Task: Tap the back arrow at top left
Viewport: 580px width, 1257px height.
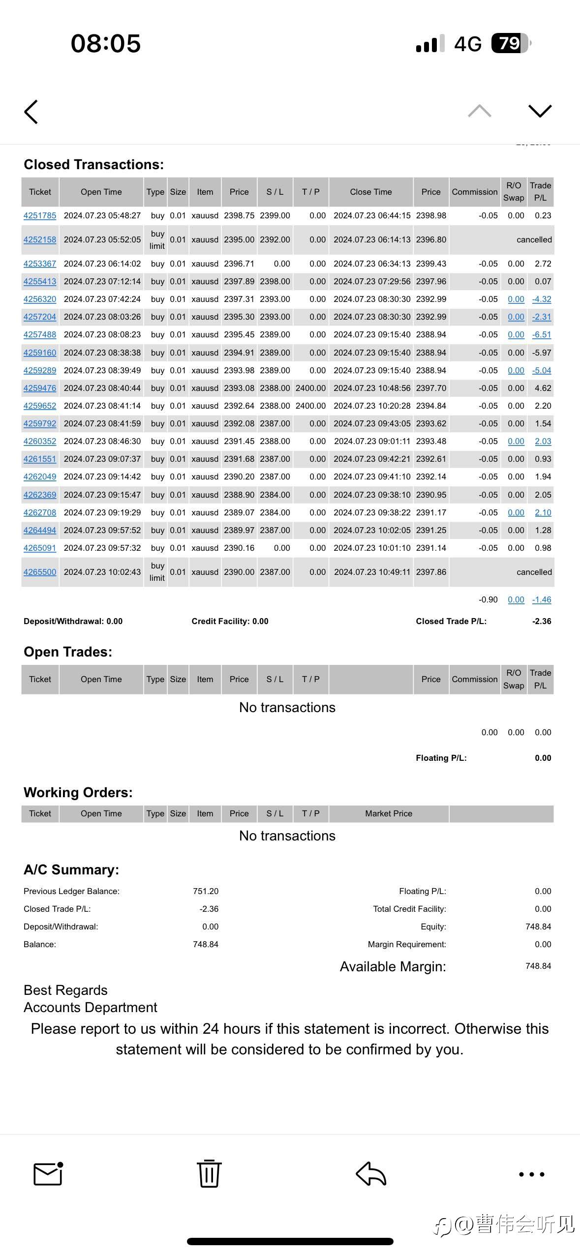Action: point(31,112)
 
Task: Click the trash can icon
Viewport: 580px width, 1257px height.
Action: point(209,1173)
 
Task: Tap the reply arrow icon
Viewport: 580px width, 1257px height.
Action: point(371,1173)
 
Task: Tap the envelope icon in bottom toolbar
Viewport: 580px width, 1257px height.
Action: point(48,1173)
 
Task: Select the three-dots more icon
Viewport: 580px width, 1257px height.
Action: point(532,1174)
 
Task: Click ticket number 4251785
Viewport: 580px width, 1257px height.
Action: point(40,215)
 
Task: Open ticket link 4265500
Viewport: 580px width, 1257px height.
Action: point(40,572)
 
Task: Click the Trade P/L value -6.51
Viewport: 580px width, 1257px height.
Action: point(542,334)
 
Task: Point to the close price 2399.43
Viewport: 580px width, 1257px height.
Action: point(431,264)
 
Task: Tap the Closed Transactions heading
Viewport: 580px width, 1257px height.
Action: point(93,164)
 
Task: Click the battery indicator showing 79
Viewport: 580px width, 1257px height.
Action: point(511,43)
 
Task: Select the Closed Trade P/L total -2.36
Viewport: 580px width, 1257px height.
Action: point(542,621)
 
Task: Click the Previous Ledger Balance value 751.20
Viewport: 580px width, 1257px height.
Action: point(206,891)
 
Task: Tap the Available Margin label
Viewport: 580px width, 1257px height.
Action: point(393,966)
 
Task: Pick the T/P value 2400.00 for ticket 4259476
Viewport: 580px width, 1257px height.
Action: point(310,388)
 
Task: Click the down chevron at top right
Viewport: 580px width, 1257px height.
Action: point(540,111)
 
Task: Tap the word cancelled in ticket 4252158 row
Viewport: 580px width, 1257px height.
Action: point(534,239)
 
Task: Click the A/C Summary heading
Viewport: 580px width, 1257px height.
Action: point(71,869)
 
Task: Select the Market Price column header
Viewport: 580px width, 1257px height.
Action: point(388,813)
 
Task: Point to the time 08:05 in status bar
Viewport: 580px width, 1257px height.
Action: point(106,43)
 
